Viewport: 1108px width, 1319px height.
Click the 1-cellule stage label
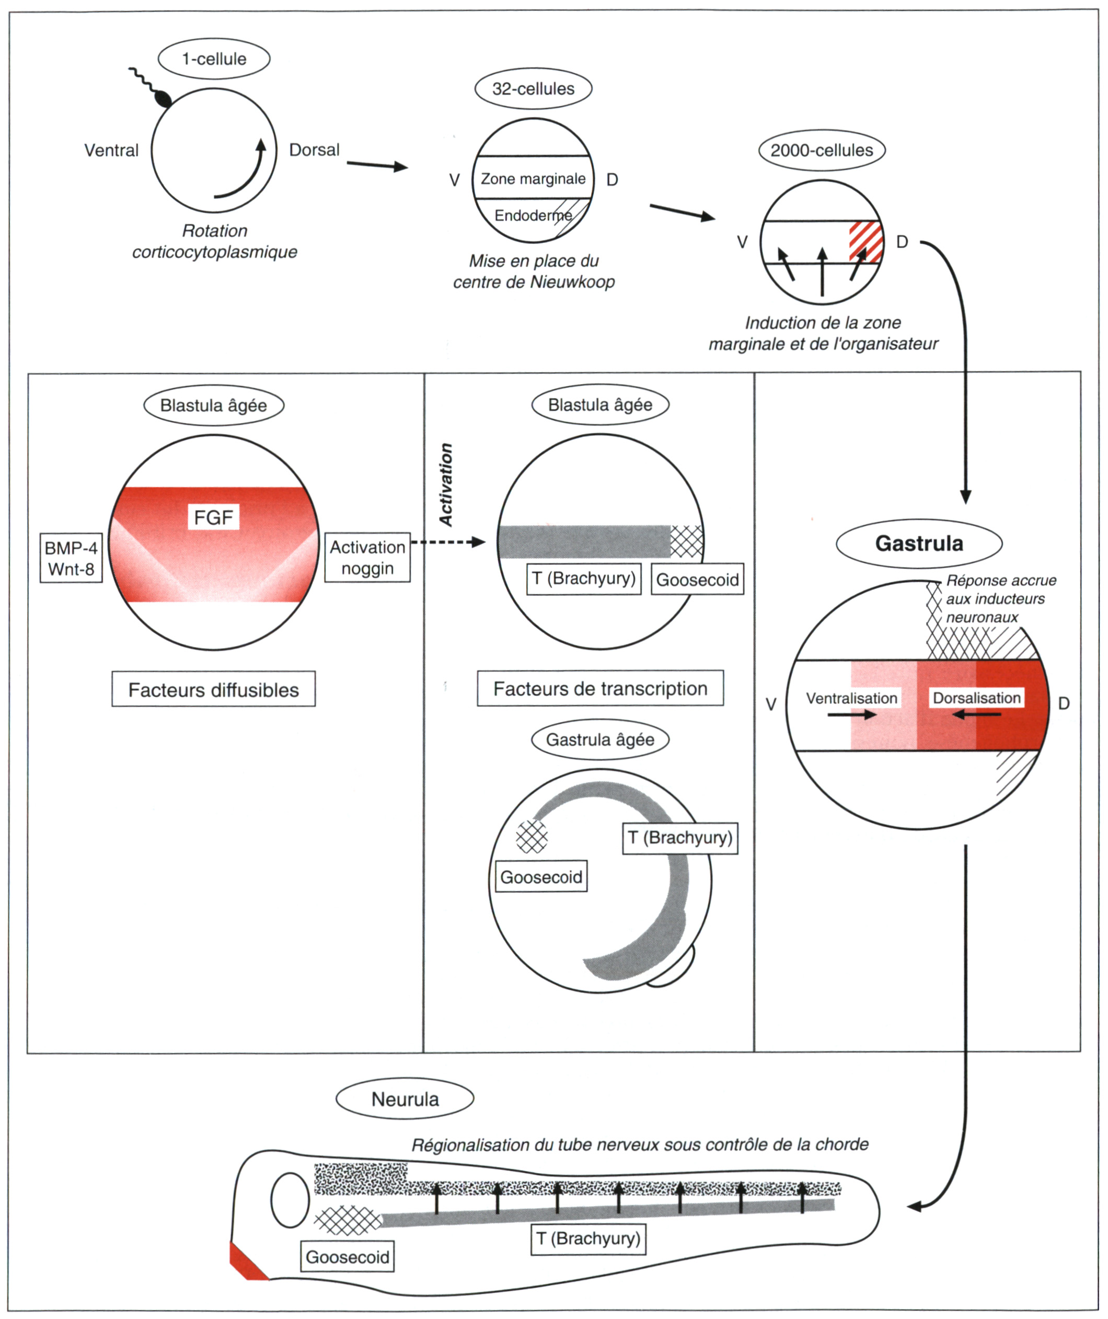point(214,59)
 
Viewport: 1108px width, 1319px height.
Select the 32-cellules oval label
point(533,88)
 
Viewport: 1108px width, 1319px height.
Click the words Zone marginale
point(533,179)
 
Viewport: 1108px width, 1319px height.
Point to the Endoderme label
point(533,215)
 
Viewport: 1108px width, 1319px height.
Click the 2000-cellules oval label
point(822,150)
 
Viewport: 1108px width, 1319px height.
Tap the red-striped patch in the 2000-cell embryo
point(866,242)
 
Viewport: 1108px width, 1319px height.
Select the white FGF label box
point(214,517)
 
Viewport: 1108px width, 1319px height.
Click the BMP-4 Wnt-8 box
point(71,558)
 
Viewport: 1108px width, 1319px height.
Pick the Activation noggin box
point(367,558)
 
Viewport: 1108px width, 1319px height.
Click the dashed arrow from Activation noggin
point(448,542)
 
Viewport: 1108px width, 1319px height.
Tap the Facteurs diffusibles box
point(214,690)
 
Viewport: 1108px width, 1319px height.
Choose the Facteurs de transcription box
point(601,688)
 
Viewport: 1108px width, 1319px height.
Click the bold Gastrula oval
point(919,543)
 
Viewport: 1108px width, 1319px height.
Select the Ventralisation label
point(852,699)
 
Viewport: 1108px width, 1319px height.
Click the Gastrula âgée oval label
point(600,740)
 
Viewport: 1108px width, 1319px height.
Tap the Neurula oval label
point(405,1099)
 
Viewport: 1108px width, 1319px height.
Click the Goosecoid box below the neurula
point(348,1257)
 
